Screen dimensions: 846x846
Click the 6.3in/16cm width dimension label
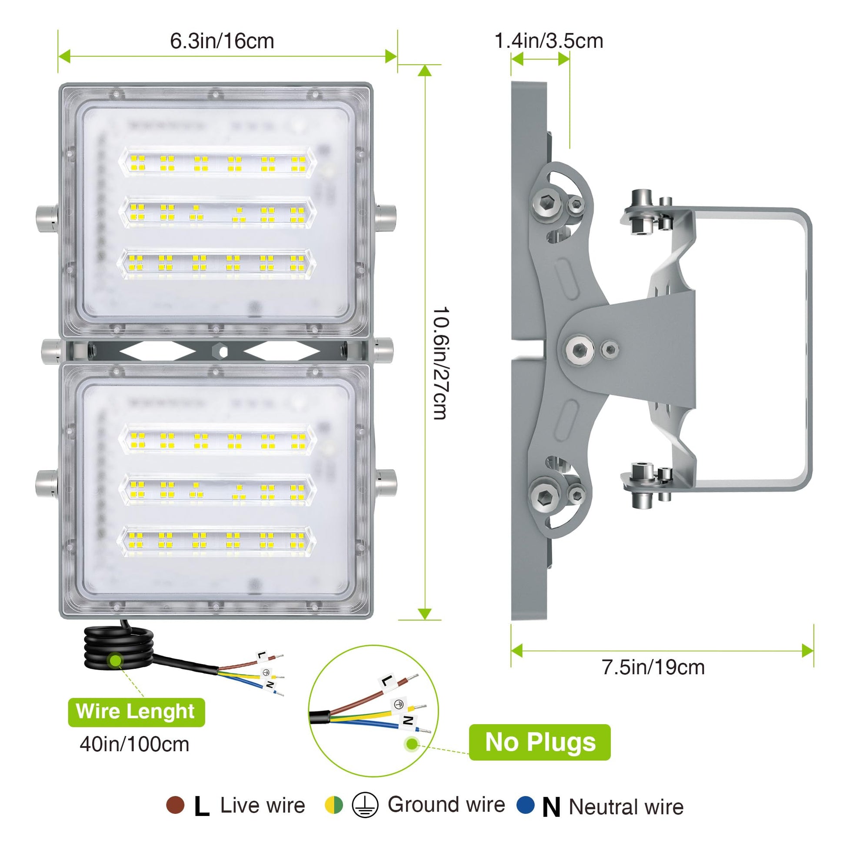(x=222, y=41)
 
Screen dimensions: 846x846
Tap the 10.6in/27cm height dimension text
(x=440, y=363)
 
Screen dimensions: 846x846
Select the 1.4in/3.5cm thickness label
(x=549, y=41)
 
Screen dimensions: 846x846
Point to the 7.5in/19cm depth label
(x=653, y=667)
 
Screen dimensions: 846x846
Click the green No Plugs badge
(x=540, y=742)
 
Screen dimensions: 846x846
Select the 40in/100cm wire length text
(x=134, y=744)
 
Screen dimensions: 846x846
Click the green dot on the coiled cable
(x=116, y=660)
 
